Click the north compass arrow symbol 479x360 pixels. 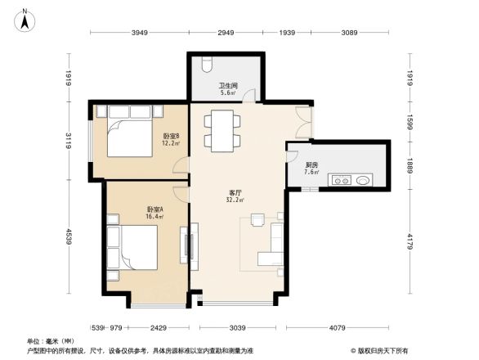(25, 19)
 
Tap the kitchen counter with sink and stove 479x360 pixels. (351, 179)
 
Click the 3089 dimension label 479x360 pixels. (350, 33)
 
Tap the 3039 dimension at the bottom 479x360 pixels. (237, 327)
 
